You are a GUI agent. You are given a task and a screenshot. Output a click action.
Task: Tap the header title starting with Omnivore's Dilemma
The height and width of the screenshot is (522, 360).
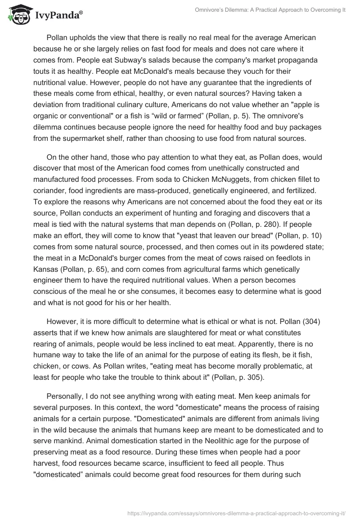tap(266, 10)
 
